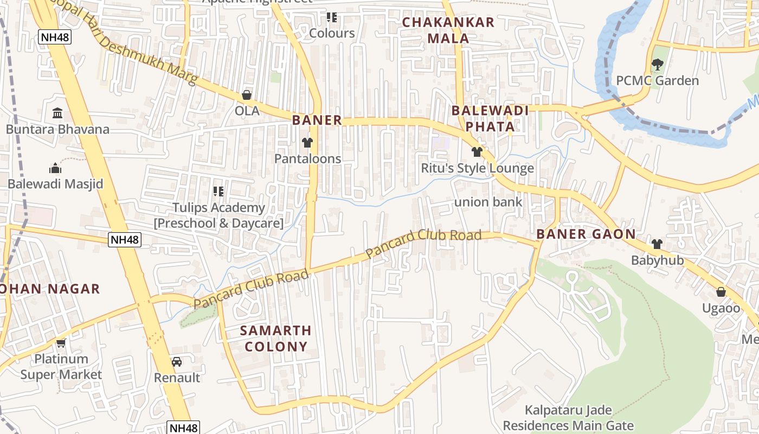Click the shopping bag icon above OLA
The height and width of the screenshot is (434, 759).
[247, 95]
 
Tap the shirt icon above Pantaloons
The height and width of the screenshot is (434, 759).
[307, 143]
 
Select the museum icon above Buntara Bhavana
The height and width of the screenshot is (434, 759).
[57, 113]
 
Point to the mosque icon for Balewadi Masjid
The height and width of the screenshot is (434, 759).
[55, 168]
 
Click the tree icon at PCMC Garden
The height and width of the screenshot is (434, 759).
[657, 65]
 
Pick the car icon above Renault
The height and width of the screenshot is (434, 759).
[177, 361]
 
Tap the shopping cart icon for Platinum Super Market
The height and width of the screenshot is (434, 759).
[61, 343]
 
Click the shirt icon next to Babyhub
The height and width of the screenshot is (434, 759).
[657, 244]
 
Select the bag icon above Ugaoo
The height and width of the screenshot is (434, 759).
[721, 292]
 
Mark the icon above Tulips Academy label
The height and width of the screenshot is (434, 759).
[218, 191]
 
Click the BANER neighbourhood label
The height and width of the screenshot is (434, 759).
[317, 120]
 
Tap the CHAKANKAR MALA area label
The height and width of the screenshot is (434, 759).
[448, 30]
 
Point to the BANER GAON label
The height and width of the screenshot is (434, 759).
[586, 234]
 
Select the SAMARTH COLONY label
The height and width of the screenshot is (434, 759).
[275, 338]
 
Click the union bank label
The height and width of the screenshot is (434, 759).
[488, 202]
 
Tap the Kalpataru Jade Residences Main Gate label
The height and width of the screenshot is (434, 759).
[568, 418]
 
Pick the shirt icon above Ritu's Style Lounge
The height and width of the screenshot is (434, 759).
[477, 152]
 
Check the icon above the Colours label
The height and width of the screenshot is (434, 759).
[332, 17]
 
